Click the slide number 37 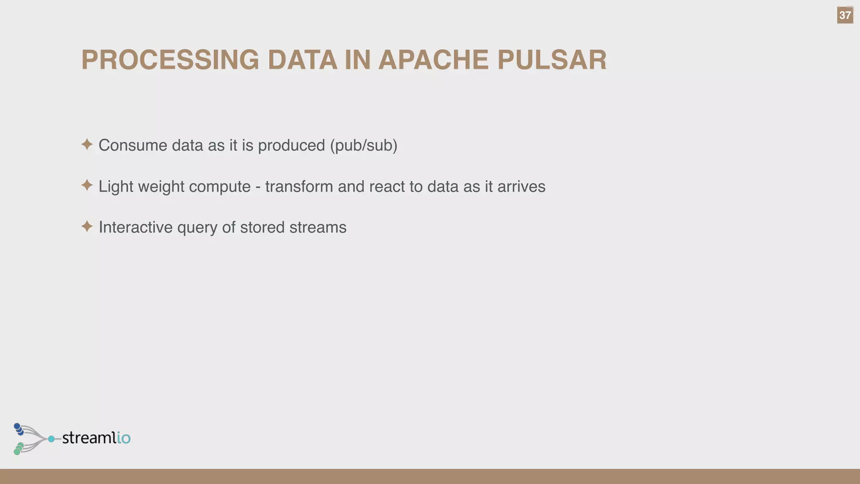(845, 16)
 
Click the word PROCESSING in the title (170, 60)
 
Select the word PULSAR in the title (552, 60)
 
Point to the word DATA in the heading (302, 60)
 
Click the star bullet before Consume (87, 145)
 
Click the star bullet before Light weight (87, 185)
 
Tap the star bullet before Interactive (87, 226)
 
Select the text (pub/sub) (364, 145)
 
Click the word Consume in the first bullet (133, 145)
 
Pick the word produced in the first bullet (291, 145)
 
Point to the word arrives (521, 187)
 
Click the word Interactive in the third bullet (136, 227)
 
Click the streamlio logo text (96, 438)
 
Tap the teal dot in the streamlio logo (51, 439)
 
